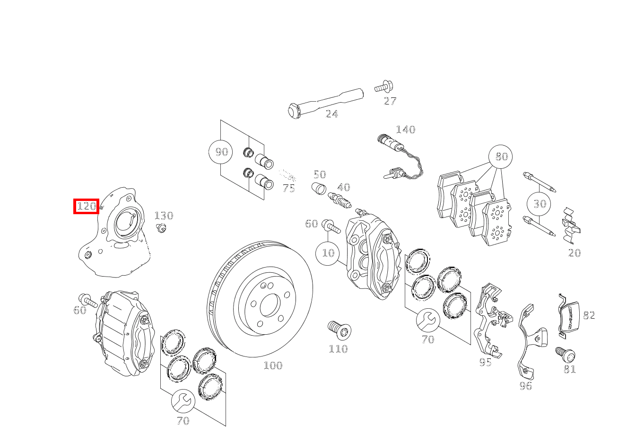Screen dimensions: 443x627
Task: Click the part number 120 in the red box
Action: point(86,206)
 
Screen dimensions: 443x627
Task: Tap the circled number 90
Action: point(221,152)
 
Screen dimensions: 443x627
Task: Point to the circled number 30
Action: point(540,204)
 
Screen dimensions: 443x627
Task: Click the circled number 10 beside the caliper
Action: point(328,253)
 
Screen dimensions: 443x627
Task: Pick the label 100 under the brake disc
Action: point(273,365)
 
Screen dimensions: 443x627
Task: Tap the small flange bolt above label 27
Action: point(384,87)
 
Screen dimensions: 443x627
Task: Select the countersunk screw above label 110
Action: point(339,330)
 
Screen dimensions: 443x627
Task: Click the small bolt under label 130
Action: point(161,228)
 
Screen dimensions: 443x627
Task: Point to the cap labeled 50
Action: point(319,189)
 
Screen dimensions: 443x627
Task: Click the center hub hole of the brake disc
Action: point(270,305)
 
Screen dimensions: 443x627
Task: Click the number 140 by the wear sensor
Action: point(405,130)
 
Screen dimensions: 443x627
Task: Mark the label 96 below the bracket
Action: point(525,386)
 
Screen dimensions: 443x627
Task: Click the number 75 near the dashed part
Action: point(288,188)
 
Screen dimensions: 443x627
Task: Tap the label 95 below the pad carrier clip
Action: point(485,363)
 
